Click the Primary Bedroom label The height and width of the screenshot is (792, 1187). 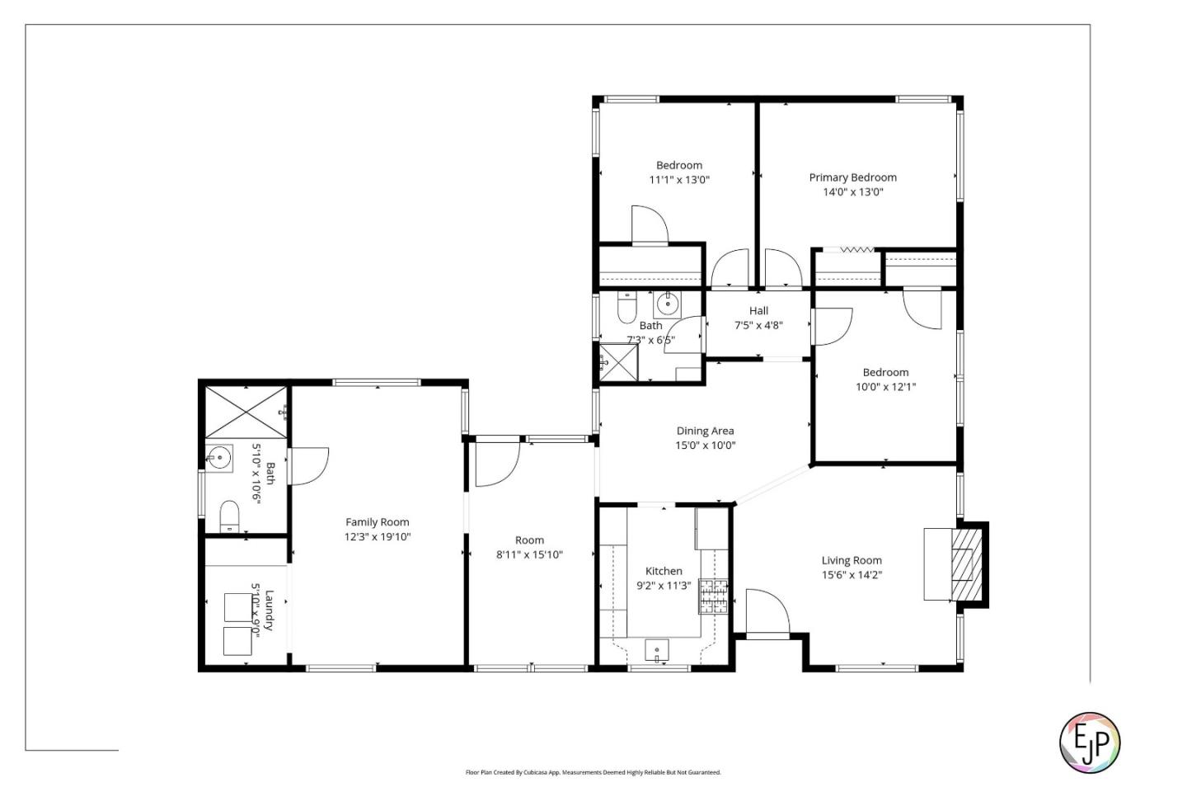(x=852, y=177)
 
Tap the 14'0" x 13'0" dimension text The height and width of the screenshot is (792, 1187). (x=852, y=192)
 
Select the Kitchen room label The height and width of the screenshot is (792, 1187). (x=664, y=571)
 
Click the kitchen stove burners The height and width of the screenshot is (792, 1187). (x=714, y=596)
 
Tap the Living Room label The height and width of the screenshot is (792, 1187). (x=852, y=560)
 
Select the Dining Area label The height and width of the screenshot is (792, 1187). (x=705, y=431)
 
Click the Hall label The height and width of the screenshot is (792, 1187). (x=758, y=311)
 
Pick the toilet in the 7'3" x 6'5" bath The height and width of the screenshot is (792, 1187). (x=626, y=309)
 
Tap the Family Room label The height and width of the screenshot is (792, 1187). (x=378, y=522)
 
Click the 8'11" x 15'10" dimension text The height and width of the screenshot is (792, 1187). (x=529, y=555)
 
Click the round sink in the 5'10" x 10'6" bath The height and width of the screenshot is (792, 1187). (x=218, y=457)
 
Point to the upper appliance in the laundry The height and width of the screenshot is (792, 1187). (x=239, y=606)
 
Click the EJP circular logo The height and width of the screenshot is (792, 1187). (x=1089, y=742)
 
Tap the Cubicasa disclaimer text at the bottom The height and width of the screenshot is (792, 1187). (x=593, y=773)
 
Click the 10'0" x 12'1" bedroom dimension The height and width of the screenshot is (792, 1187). (x=885, y=387)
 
